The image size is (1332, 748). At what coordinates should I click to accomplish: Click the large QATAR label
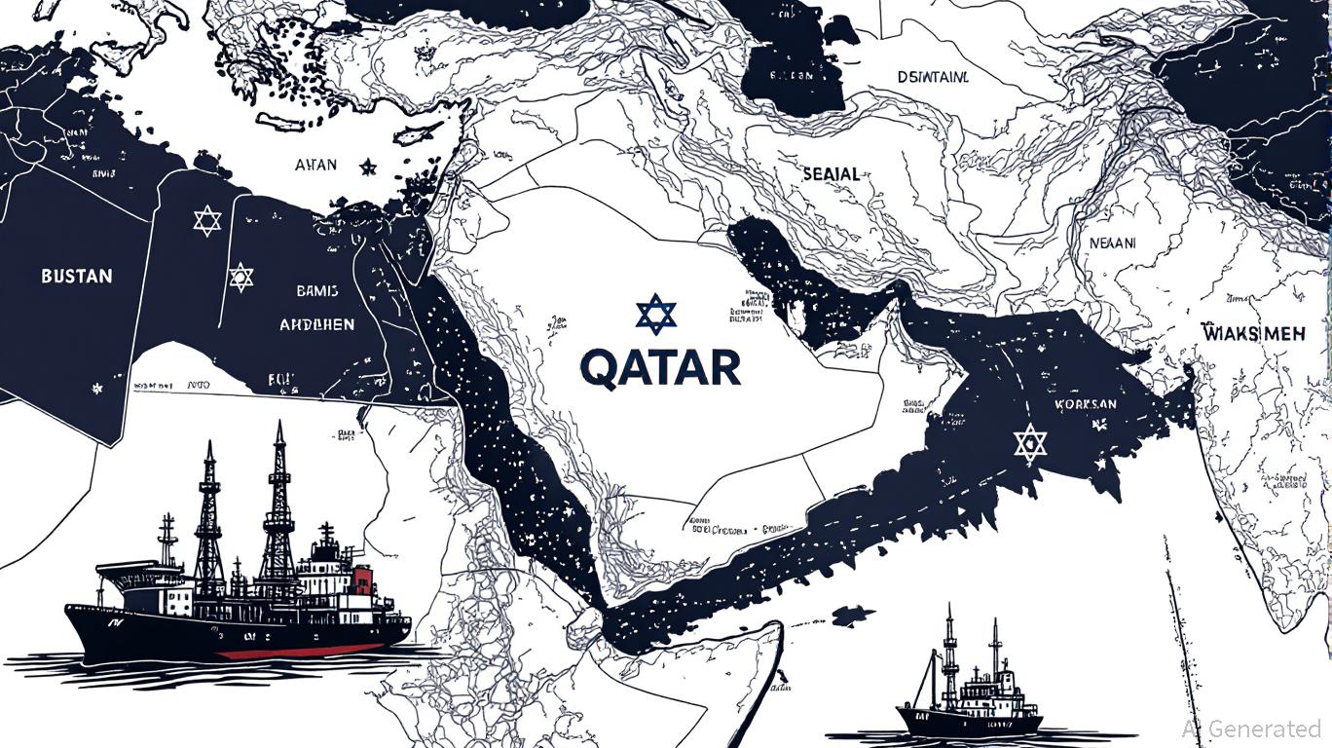coord(659,368)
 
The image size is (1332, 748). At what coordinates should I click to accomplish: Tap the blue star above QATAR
coord(655,315)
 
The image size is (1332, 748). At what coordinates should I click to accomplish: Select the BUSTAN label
coord(77,277)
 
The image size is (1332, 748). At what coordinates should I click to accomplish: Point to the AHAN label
coord(315,165)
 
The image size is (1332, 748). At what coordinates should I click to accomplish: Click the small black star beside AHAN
coord(368,168)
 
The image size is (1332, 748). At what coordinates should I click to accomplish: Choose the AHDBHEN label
coord(317,324)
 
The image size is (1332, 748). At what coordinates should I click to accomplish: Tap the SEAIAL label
coord(831,174)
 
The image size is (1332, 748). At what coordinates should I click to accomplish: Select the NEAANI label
coord(1112,244)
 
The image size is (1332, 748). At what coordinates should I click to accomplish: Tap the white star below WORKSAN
coord(1029,444)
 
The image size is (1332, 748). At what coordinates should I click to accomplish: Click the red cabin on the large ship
coord(363,581)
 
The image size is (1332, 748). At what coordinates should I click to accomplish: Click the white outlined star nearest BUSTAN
coord(206,221)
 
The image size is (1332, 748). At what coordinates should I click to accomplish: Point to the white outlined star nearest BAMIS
coord(240,278)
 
